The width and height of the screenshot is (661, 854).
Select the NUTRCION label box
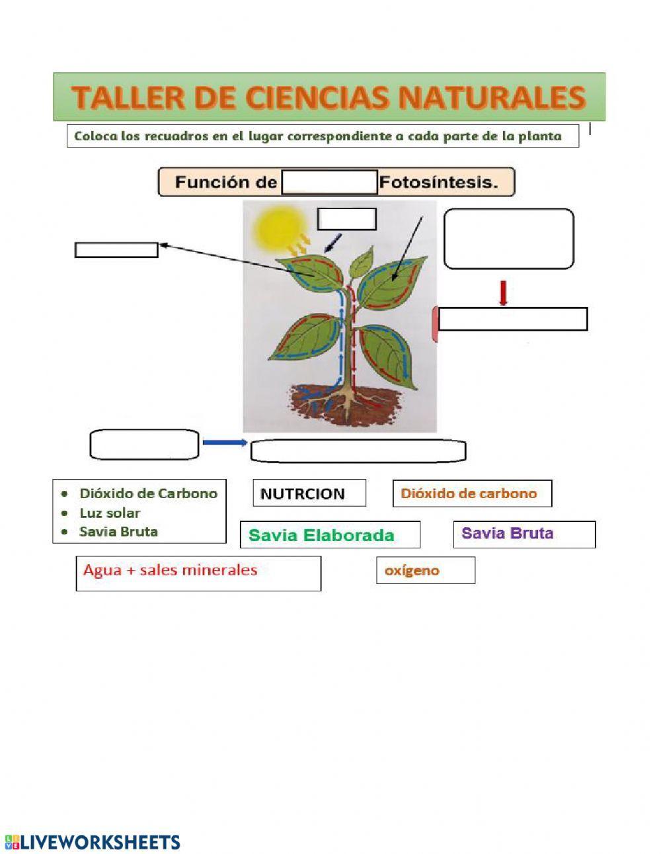[x=309, y=493]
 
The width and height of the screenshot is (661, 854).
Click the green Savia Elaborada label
[x=321, y=535]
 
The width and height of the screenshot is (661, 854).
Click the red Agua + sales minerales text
[x=170, y=570]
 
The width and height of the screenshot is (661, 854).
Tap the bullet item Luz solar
[x=110, y=513]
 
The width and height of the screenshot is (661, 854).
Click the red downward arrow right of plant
[x=503, y=293]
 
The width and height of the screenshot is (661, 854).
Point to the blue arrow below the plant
[x=225, y=443]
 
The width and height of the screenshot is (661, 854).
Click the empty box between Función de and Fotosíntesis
[x=329, y=182]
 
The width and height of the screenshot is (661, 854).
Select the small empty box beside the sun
[x=346, y=219]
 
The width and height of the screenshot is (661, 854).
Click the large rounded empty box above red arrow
[x=508, y=239]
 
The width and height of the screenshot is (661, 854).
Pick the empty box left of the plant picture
[x=116, y=249]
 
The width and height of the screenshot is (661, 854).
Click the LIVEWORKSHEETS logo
[x=93, y=842]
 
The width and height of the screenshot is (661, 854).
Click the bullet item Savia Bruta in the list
[x=118, y=531]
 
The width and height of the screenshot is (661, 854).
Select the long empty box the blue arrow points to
[x=358, y=451]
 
